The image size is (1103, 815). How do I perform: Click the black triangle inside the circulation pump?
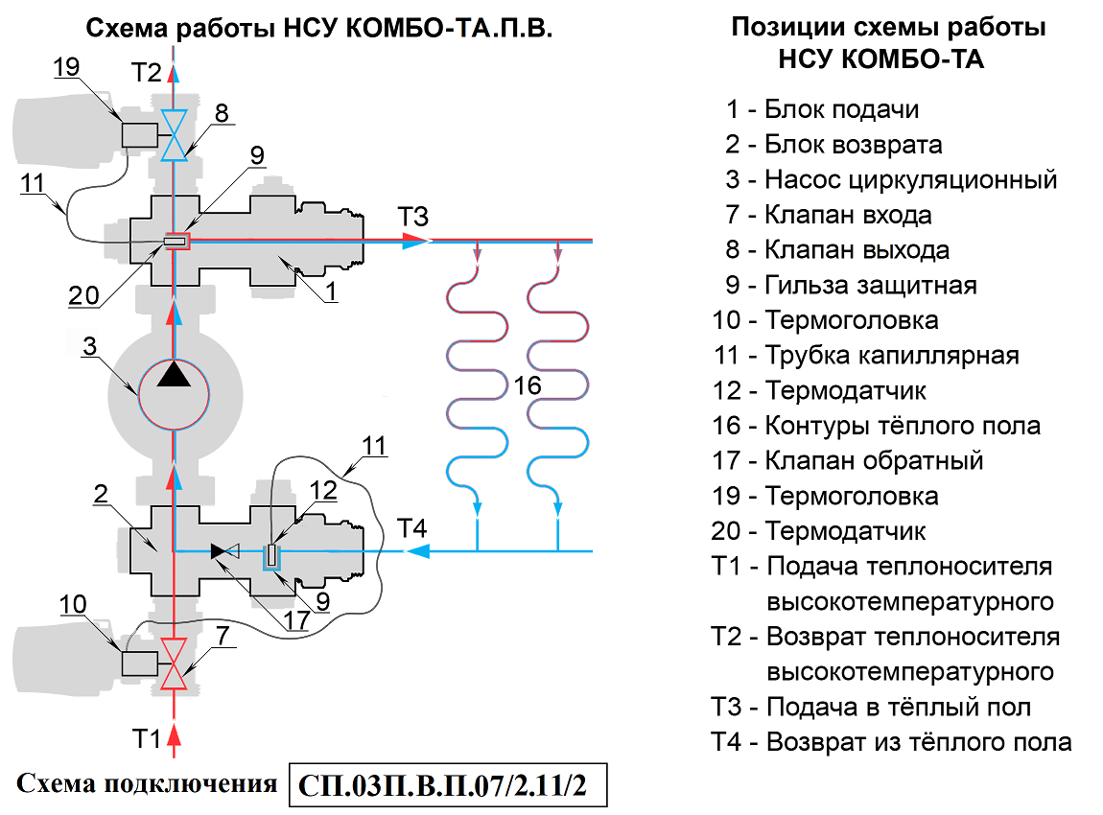click(x=174, y=374)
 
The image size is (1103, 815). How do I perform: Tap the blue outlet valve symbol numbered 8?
click(x=174, y=136)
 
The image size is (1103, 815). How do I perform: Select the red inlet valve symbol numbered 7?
click(x=174, y=664)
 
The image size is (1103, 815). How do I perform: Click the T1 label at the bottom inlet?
click(x=146, y=738)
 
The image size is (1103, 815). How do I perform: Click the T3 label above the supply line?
click(x=411, y=217)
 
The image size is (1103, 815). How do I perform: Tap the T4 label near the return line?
click(x=412, y=527)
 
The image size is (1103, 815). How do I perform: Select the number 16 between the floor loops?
click(x=527, y=385)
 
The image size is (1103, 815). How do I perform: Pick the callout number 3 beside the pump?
click(x=89, y=346)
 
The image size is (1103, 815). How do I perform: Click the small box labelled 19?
click(x=139, y=135)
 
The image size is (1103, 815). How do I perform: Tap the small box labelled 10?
click(x=139, y=664)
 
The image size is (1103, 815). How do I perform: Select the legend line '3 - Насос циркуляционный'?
click(x=891, y=179)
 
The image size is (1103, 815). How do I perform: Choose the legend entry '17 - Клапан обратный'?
click(x=848, y=460)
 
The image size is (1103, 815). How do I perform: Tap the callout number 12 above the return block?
click(x=324, y=490)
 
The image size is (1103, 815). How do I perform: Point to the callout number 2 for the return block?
click(x=100, y=494)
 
